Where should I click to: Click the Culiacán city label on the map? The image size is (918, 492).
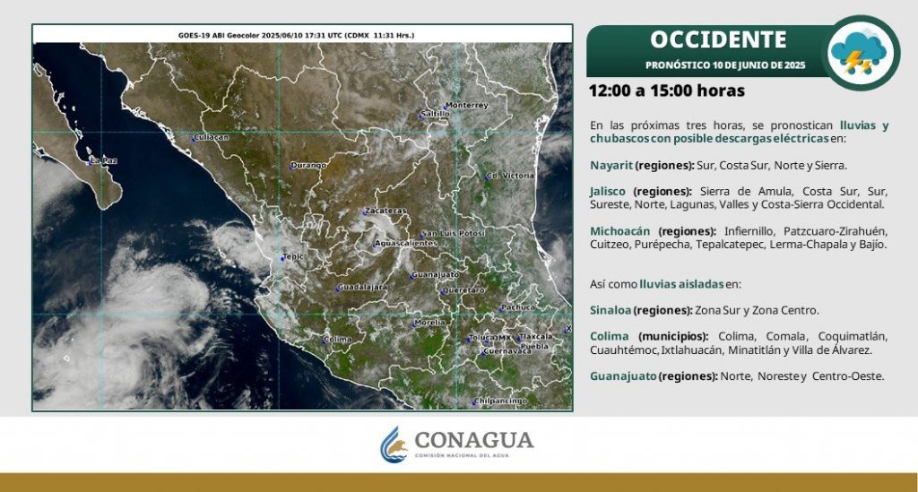click(x=211, y=137)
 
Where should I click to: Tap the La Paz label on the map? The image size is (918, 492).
click(x=103, y=160)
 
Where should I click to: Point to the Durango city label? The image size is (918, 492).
click(x=308, y=166)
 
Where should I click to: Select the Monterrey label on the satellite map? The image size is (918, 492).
click(x=466, y=106)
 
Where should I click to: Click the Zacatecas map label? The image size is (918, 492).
click(x=385, y=211)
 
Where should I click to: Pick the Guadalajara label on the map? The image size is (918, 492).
click(x=363, y=288)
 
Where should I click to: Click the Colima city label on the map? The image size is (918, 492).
click(x=338, y=340)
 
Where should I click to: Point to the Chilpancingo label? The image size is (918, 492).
click(x=500, y=401)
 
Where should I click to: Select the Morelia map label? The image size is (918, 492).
click(x=429, y=323)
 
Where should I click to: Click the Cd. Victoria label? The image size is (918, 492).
click(x=510, y=176)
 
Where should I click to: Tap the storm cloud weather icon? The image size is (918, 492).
click(x=861, y=53)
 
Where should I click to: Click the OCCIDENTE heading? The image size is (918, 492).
click(x=718, y=39)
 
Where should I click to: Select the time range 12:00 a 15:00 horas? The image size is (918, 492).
click(x=667, y=91)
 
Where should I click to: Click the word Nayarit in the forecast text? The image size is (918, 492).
click(x=611, y=166)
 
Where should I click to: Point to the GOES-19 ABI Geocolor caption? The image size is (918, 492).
click(x=296, y=35)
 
